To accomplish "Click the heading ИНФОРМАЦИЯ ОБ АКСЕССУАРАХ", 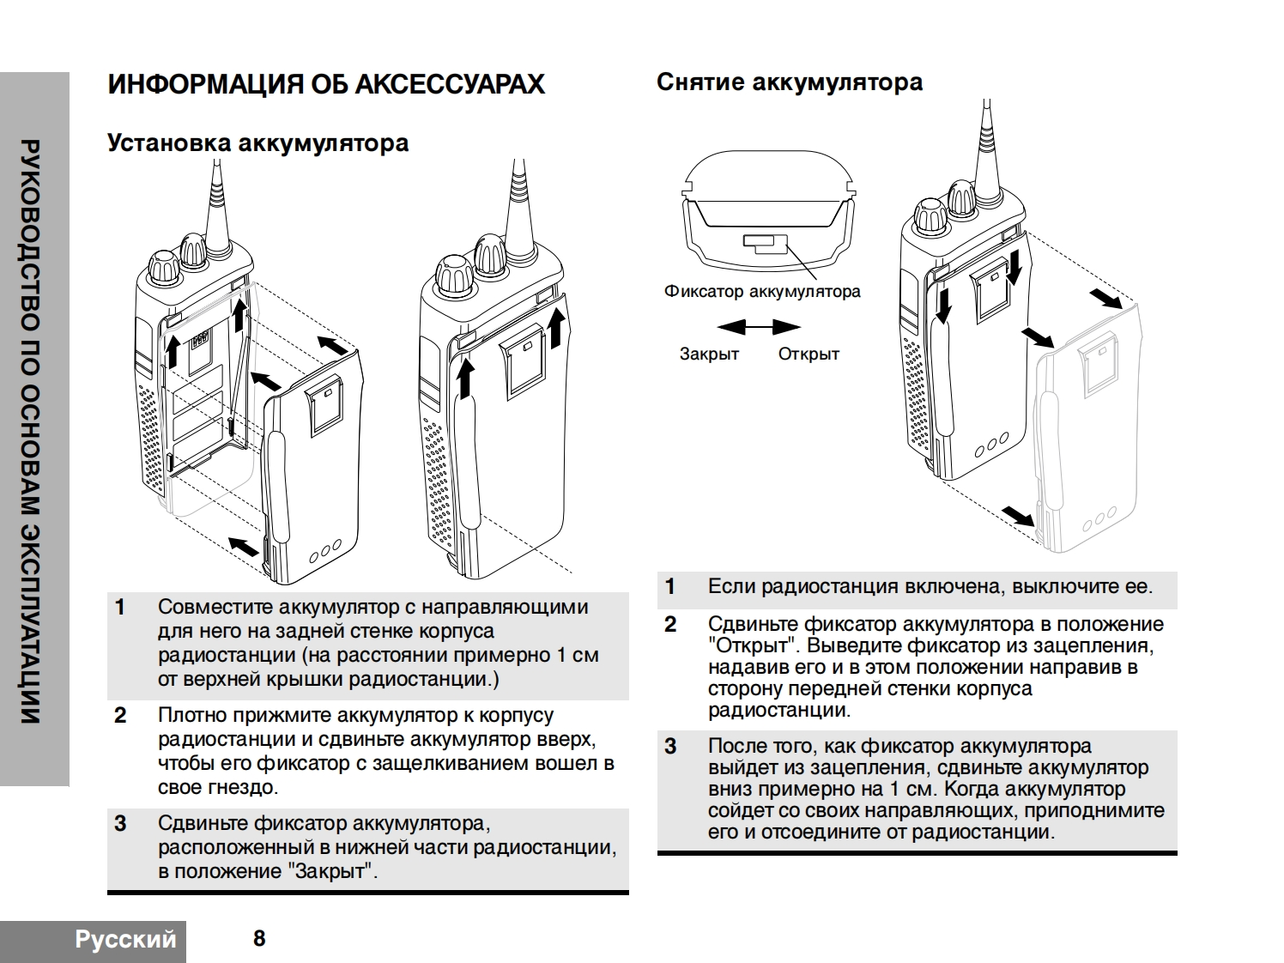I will click(x=325, y=84).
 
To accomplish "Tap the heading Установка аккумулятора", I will click(x=257, y=142).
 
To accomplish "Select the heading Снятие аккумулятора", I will click(x=789, y=82).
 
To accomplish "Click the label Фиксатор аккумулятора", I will click(x=761, y=292).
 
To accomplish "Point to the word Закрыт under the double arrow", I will click(x=709, y=354).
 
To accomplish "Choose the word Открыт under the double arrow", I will click(x=809, y=354).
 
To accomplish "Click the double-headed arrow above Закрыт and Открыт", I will click(x=759, y=327).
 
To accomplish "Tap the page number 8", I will click(x=259, y=938).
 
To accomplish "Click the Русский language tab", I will click(x=125, y=939).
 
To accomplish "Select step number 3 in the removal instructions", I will click(x=670, y=747).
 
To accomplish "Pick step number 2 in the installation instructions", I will click(x=120, y=716).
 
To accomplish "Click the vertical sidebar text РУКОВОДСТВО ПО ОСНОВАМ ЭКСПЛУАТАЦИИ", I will click(x=31, y=429).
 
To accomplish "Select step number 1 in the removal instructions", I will click(x=670, y=587).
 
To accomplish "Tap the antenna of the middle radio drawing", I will click(x=518, y=202).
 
